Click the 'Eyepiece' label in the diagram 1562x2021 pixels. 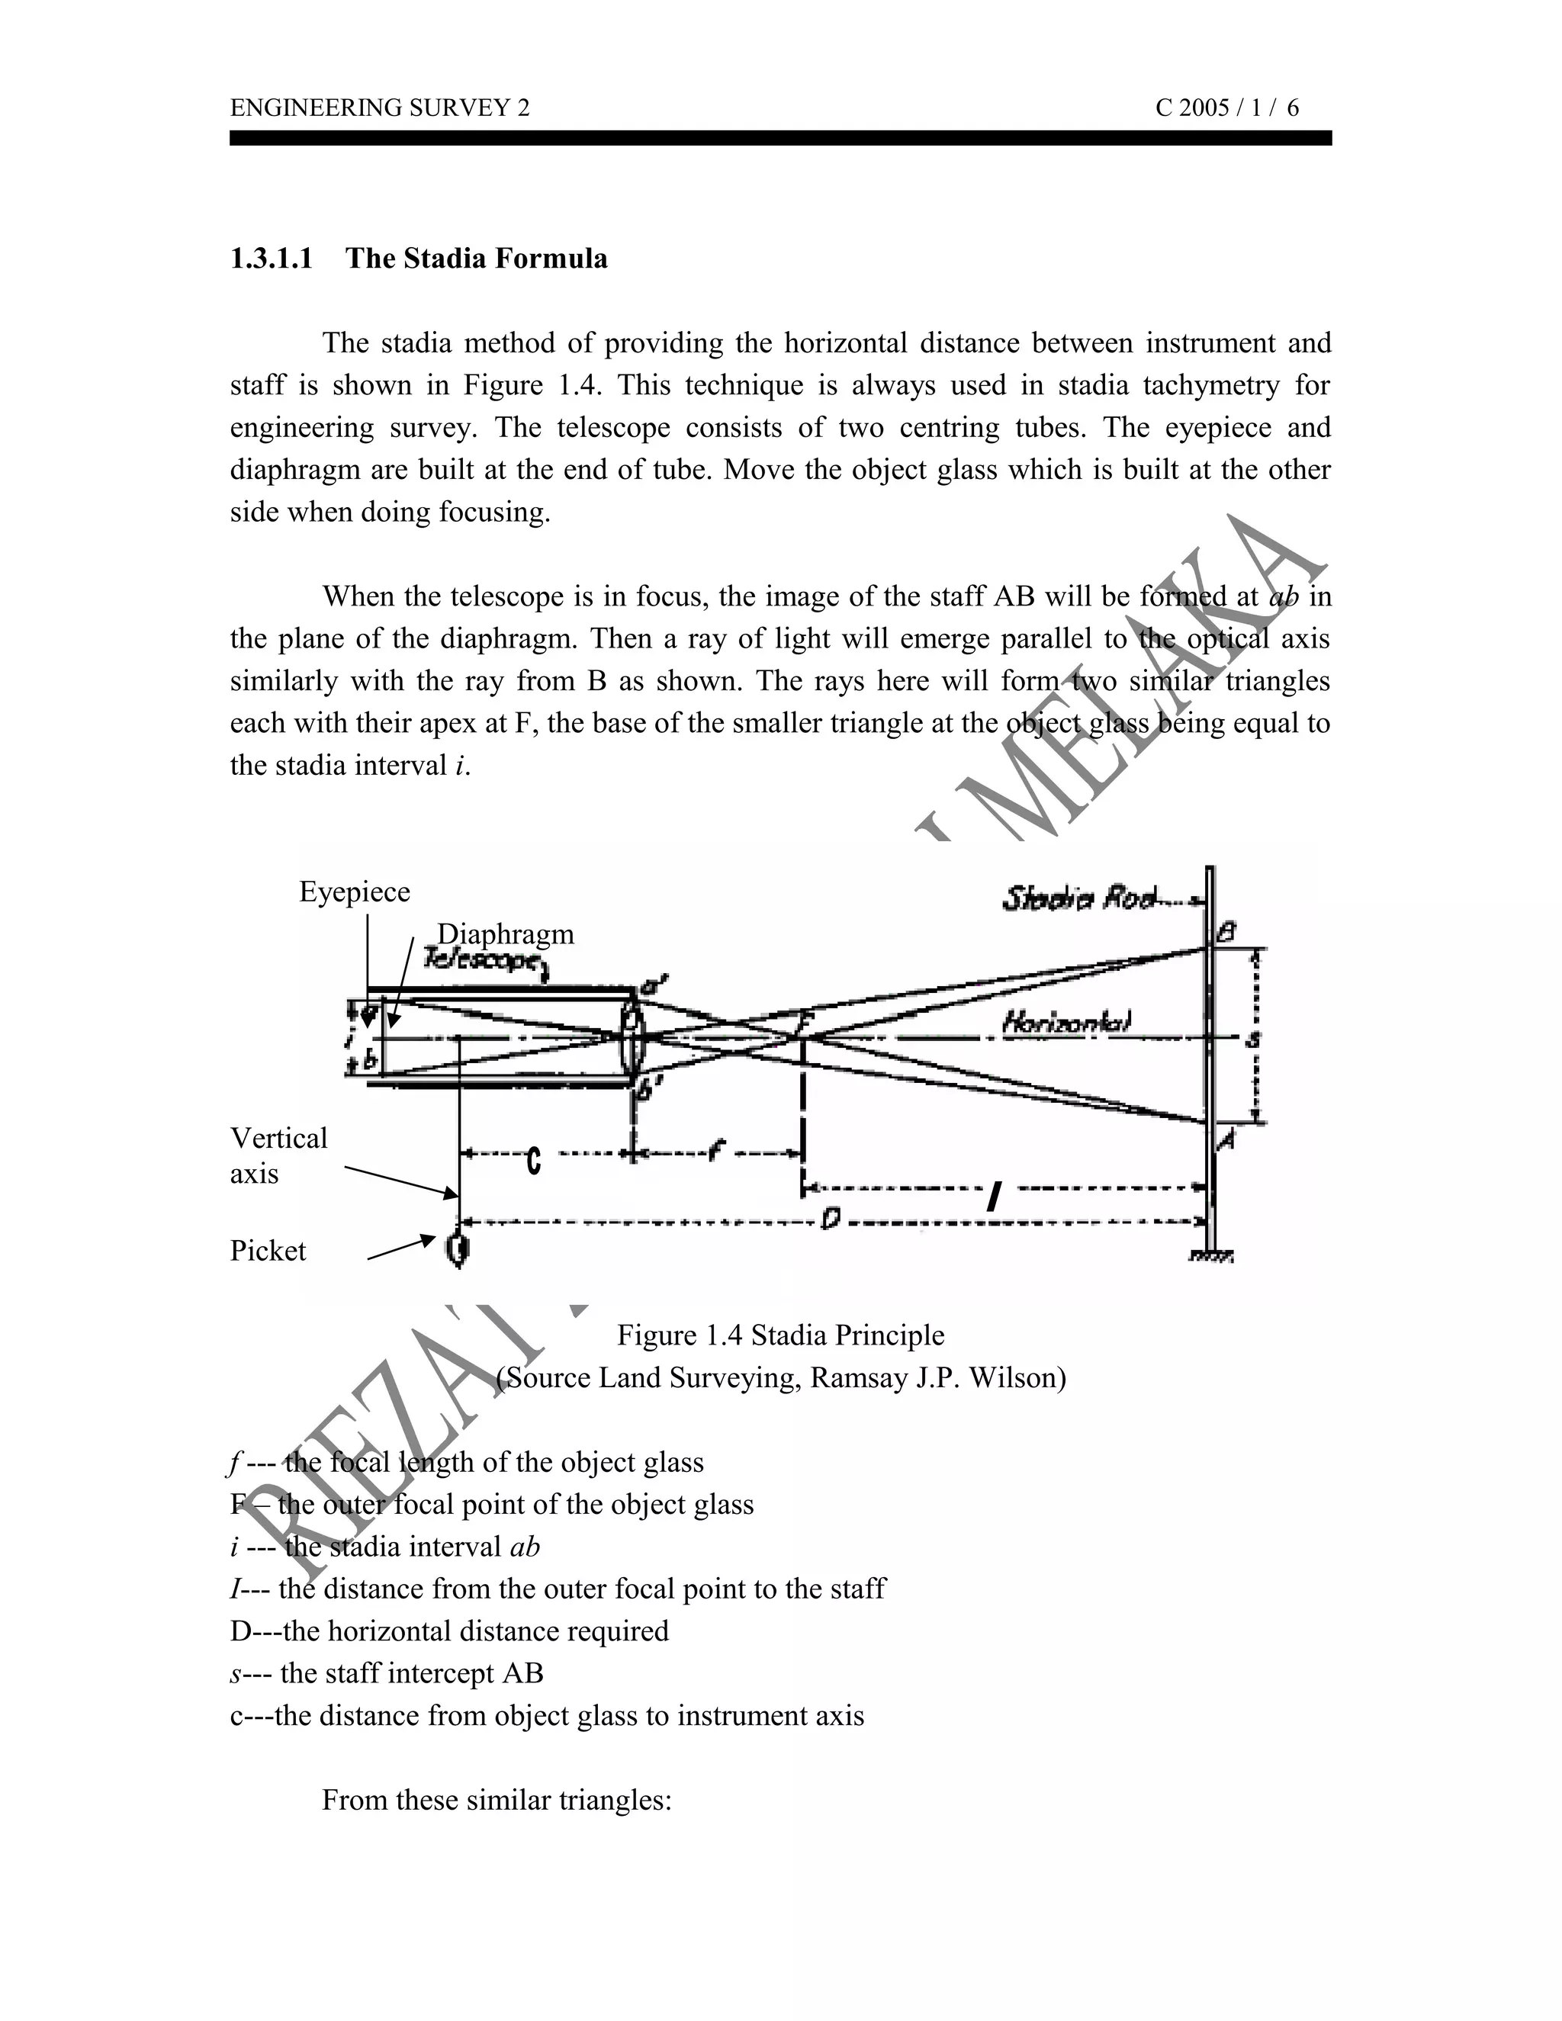[355, 892]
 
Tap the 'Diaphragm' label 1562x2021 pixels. [505, 933]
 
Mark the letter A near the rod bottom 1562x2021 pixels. [1225, 1141]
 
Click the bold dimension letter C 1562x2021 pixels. [533, 1162]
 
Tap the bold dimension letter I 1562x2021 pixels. [993, 1198]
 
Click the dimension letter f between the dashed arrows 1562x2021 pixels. [715, 1151]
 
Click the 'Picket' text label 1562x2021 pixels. [268, 1251]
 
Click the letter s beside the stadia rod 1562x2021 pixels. [1253, 1039]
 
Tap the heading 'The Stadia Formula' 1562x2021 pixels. [477, 259]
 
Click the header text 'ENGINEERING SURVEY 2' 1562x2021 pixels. [379, 108]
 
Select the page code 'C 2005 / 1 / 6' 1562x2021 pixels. [1226, 108]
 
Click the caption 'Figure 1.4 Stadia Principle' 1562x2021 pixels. [780, 1335]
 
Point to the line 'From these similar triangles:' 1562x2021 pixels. [496, 1801]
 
